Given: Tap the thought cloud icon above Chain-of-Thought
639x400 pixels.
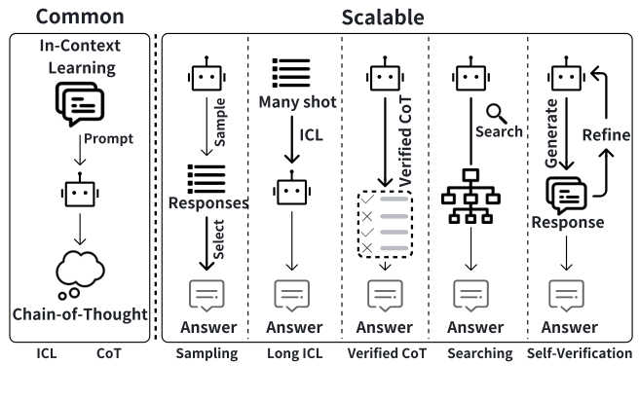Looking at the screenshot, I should (x=81, y=274).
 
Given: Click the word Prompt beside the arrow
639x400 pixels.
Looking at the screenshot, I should (x=107, y=138).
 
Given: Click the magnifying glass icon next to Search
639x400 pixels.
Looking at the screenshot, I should (x=497, y=113).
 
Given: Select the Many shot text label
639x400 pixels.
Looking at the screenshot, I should (x=296, y=102).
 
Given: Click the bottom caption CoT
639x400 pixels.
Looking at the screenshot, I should (x=109, y=354).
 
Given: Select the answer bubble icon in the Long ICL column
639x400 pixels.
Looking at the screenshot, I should (x=293, y=293).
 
